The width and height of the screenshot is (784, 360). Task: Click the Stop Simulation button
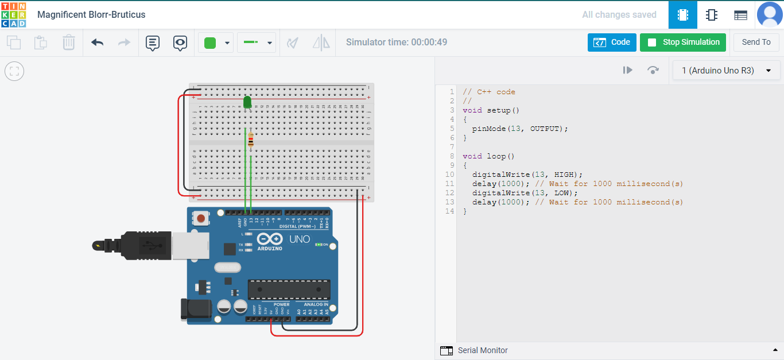[x=682, y=42]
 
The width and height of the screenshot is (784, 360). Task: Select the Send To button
[x=756, y=42]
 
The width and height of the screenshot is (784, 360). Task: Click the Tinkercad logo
[x=13, y=14]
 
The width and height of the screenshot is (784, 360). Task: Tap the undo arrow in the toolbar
[x=98, y=42]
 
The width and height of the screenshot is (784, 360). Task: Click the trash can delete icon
[x=68, y=42]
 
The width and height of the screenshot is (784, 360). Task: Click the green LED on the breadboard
[x=247, y=102]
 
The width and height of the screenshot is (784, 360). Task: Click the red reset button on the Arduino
[x=201, y=218]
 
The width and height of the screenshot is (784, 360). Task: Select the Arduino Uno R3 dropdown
[x=726, y=71]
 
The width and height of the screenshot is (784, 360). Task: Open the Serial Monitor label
[x=482, y=350]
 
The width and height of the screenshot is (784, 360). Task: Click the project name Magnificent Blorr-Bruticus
[x=91, y=15]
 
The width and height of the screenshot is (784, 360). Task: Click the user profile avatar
[x=770, y=15]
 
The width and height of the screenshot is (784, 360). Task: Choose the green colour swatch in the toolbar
[x=210, y=43]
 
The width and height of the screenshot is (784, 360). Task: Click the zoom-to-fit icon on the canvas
[x=14, y=71]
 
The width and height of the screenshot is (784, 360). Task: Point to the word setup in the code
[x=499, y=110]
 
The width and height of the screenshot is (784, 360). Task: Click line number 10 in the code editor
[x=449, y=175]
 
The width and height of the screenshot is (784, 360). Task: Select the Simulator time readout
[x=397, y=42]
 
